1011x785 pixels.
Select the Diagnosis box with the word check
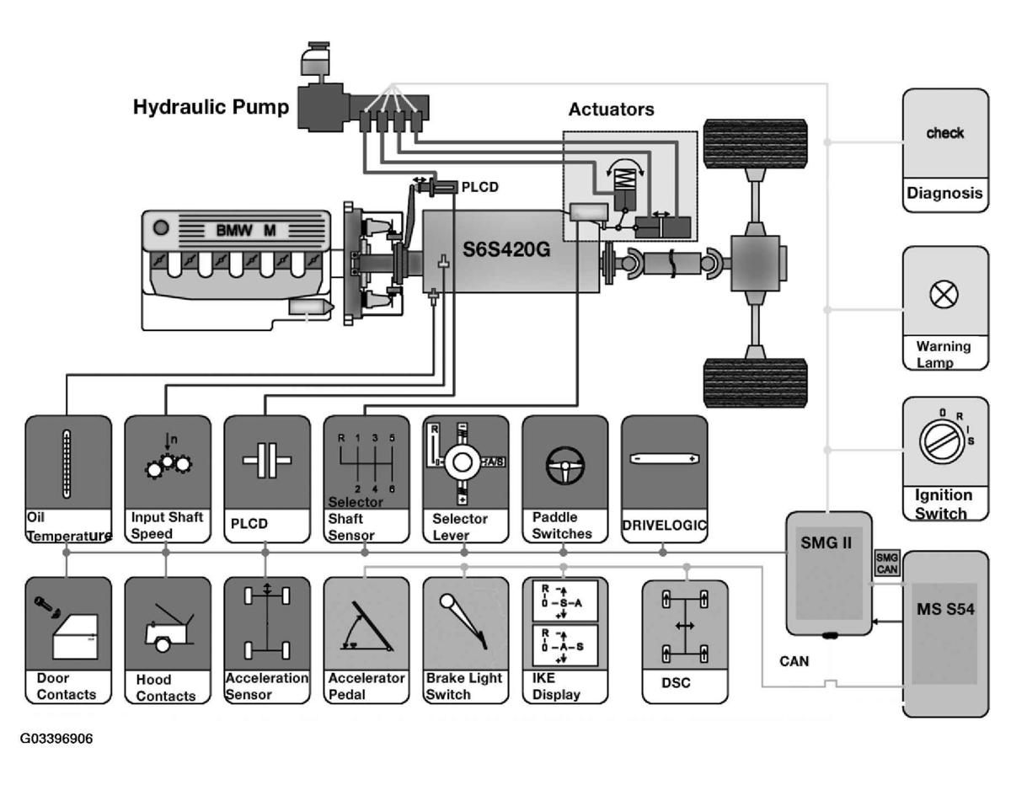[x=945, y=150]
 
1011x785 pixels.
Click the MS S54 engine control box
[x=945, y=632]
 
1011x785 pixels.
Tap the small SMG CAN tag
[x=887, y=563]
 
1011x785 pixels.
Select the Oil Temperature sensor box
[x=68, y=478]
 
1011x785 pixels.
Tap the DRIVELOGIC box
[x=664, y=478]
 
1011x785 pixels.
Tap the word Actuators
[x=611, y=109]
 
